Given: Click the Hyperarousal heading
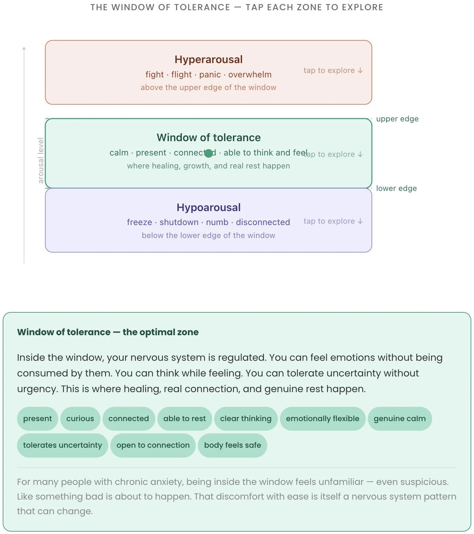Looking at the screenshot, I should [x=208, y=60].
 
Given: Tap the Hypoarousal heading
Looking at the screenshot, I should [x=208, y=207].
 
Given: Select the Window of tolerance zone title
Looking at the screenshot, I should [x=208, y=137].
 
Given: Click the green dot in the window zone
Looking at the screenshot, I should [x=209, y=153].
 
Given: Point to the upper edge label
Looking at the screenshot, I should [x=397, y=119].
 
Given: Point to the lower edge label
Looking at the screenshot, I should [x=396, y=189].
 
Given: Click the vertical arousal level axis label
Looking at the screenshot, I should [x=41, y=160].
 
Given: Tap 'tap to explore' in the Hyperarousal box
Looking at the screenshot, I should [x=333, y=71].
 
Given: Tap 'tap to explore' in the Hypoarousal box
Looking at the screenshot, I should [x=333, y=221].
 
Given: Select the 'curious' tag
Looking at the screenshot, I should [x=80, y=419].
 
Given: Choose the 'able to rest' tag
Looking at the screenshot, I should [x=185, y=419].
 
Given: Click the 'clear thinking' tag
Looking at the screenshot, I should [x=246, y=419].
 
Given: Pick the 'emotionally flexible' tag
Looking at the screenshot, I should [x=322, y=419].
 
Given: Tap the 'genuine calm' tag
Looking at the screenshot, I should [x=399, y=419].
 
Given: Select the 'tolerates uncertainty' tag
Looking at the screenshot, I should [x=62, y=445].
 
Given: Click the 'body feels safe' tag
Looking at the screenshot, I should [x=232, y=445].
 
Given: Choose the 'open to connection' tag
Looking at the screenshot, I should [x=153, y=445].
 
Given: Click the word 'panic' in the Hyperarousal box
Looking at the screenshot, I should [x=210, y=75].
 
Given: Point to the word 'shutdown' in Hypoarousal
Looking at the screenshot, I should [x=179, y=222].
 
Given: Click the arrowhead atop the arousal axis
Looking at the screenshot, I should [x=24, y=49].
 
